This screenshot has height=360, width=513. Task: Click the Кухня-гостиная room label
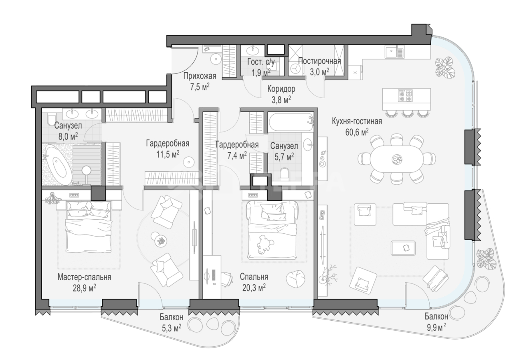(x=357, y=121)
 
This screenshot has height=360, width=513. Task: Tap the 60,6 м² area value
(x=357, y=132)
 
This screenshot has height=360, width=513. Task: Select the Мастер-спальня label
(x=84, y=277)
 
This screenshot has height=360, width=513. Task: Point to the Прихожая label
(x=200, y=76)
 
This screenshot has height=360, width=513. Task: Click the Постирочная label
(x=319, y=61)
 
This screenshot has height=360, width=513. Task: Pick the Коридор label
(x=281, y=89)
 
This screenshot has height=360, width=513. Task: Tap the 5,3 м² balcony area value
(x=172, y=328)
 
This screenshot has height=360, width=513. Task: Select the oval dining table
(x=397, y=159)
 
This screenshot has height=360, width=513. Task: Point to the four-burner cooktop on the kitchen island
(x=405, y=96)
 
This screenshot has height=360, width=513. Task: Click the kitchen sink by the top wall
(x=394, y=52)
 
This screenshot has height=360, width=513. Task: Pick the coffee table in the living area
(x=403, y=248)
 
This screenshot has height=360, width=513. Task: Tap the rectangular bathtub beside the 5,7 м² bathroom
(x=291, y=122)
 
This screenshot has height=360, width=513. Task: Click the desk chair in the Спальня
(x=227, y=279)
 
